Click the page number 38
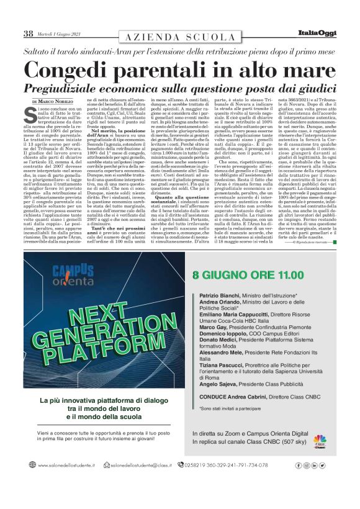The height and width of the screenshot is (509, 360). [28, 33]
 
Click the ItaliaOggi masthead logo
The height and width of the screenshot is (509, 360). [324, 33]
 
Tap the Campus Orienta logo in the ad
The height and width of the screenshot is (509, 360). [73, 274]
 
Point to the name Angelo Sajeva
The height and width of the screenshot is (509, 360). [218, 385]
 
